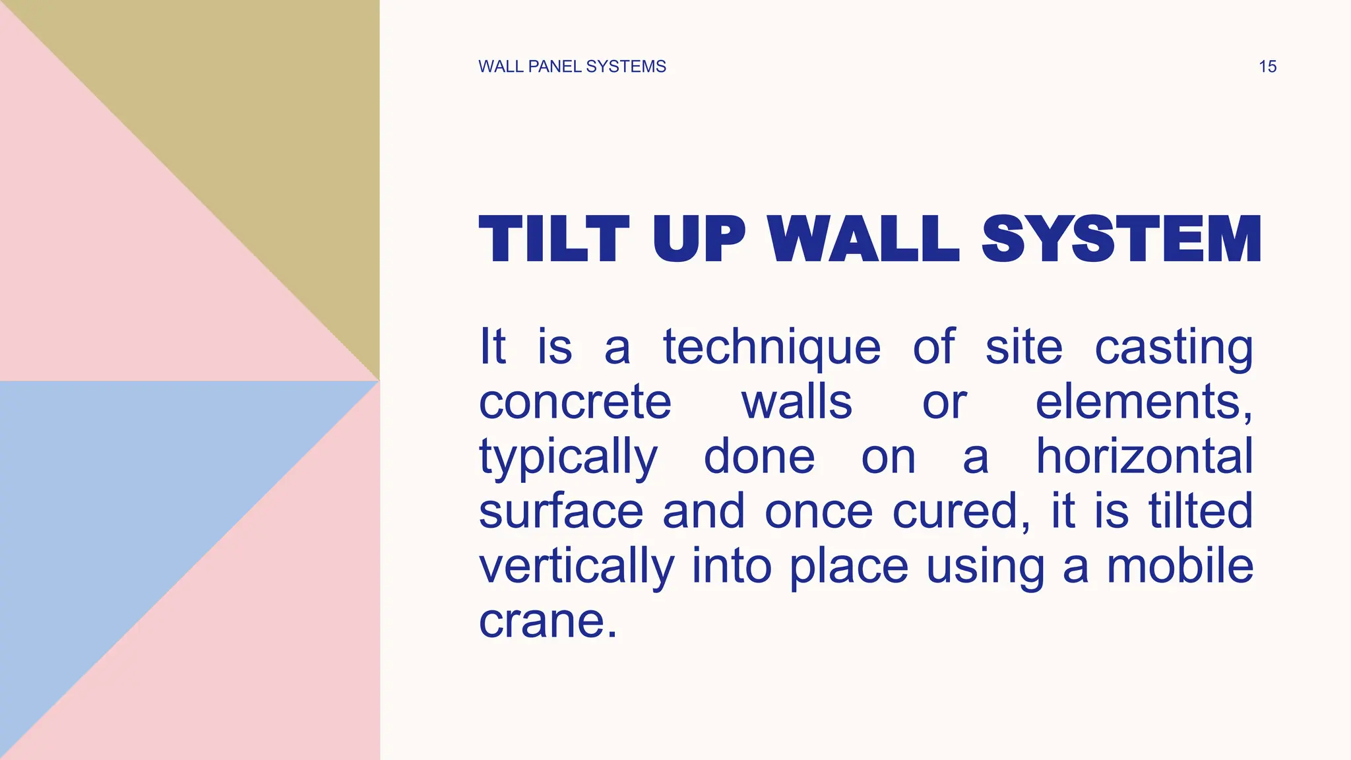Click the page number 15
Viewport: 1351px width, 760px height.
pyautogui.click(x=1267, y=67)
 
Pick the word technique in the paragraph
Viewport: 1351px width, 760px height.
pyautogui.click(x=772, y=348)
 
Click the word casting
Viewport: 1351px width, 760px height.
pyautogui.click(x=1174, y=348)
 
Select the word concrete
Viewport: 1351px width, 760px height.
pyautogui.click(x=575, y=402)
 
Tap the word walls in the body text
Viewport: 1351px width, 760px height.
pyautogui.click(x=797, y=402)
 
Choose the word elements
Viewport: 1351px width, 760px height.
pyautogui.click(x=1144, y=402)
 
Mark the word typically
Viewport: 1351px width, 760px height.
pyautogui.click(x=568, y=458)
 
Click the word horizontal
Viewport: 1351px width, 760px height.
pyautogui.click(x=1145, y=457)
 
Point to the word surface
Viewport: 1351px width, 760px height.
pyautogui.click(x=561, y=512)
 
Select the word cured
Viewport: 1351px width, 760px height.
pyautogui.click(x=960, y=512)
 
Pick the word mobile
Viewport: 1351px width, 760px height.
pyautogui.click(x=1179, y=566)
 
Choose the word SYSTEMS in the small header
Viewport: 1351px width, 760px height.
pyautogui.click(x=626, y=67)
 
